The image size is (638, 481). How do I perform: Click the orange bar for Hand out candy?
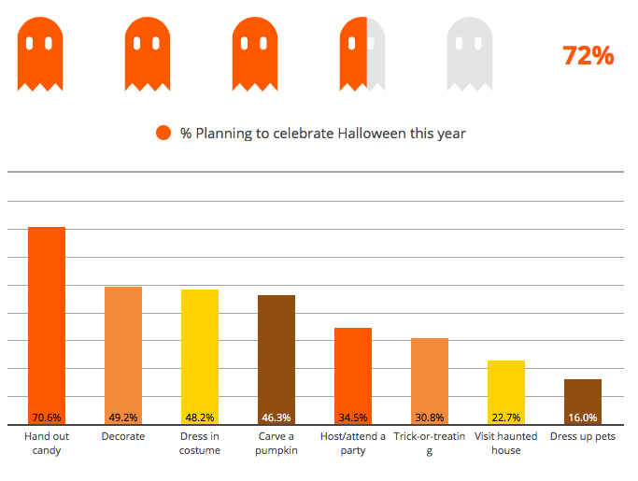47,318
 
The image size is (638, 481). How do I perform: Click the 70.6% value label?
47,417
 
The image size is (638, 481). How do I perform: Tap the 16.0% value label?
583,417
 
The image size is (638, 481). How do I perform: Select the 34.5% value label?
352,417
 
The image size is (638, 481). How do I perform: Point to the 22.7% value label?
506,417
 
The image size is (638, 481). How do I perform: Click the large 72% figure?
588,56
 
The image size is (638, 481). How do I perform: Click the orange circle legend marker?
163,133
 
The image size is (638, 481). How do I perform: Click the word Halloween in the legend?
372,133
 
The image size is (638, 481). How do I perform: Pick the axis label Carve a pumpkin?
276,444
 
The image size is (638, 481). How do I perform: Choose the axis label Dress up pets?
583,436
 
